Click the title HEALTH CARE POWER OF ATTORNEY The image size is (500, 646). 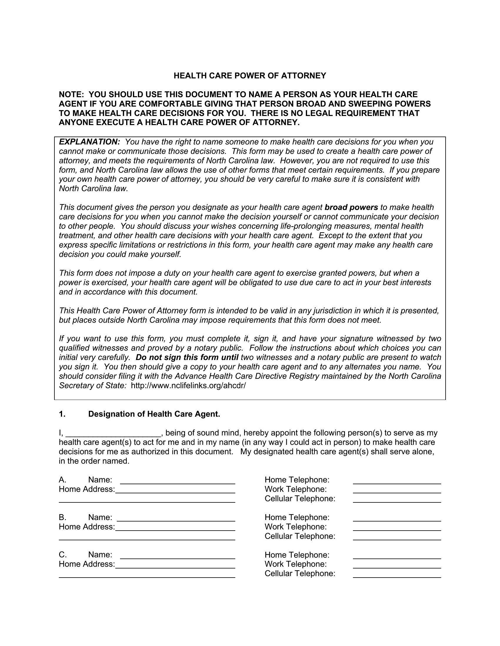click(250, 76)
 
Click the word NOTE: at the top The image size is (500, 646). click(72, 95)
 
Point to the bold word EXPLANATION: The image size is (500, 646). click(89, 142)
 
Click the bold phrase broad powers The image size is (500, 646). click(351, 207)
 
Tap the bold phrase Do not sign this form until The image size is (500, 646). click(187, 357)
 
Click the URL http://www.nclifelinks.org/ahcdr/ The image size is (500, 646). click(188, 386)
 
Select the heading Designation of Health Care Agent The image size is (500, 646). click(154, 414)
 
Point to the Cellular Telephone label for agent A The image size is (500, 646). click(300, 499)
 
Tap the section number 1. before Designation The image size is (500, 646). click(62, 414)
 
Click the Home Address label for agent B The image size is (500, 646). click(87, 527)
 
